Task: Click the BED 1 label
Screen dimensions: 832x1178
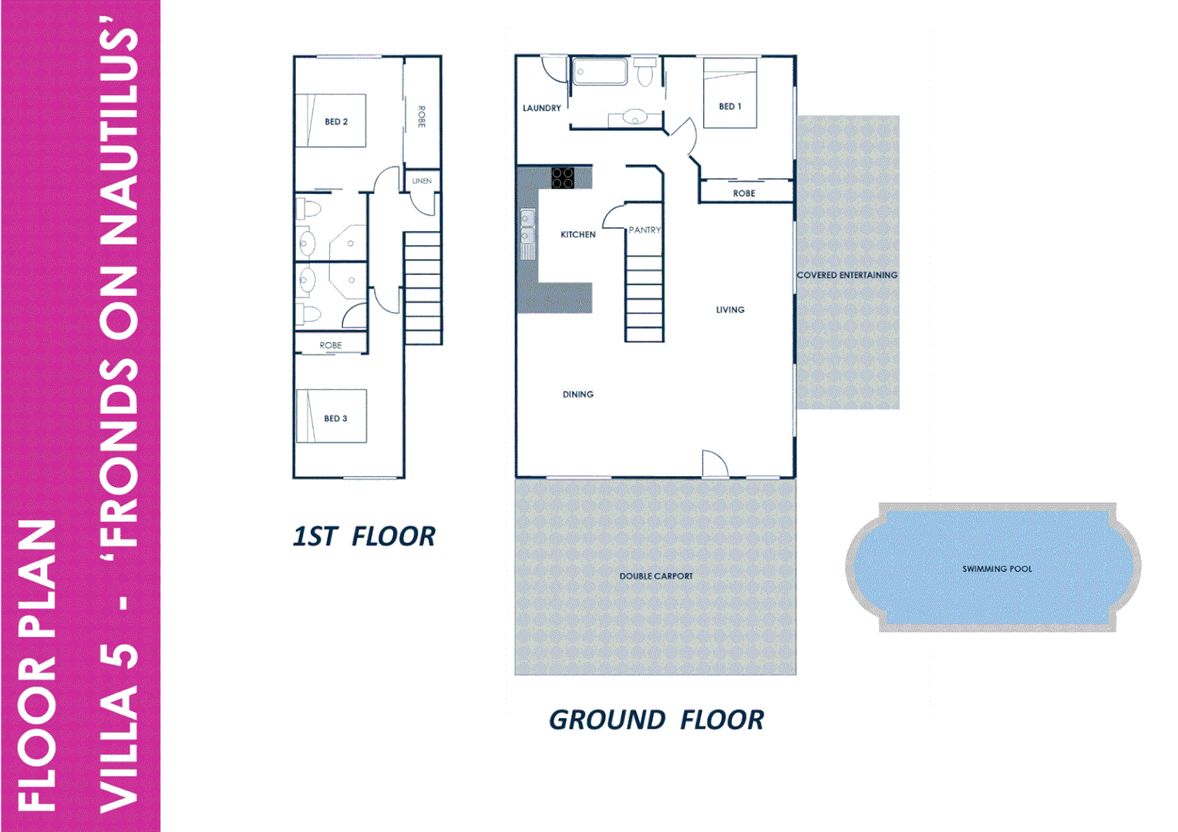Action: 729,106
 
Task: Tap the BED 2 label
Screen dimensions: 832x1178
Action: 336,122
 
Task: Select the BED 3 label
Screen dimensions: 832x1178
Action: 335,418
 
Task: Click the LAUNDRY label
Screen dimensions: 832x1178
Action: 542,109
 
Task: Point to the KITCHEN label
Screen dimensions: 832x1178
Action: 578,234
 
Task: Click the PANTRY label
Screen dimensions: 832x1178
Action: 645,230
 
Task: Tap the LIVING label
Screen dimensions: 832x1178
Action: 730,310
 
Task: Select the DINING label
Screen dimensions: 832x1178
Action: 578,394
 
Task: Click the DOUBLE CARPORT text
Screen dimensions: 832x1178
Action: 656,576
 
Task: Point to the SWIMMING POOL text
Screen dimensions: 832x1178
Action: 997,569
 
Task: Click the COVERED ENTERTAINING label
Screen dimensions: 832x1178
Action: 846,275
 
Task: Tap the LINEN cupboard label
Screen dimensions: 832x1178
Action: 422,181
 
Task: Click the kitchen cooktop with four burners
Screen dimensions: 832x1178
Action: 563,178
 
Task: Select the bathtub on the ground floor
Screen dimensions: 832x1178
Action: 600,72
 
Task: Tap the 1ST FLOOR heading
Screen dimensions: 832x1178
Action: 364,536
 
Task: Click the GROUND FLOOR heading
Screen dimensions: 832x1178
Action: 656,720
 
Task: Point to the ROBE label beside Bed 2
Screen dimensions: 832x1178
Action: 422,116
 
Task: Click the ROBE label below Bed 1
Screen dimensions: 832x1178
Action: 744,193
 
